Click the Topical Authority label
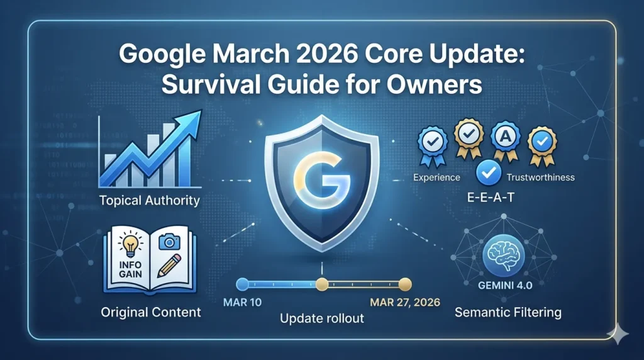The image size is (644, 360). click(x=150, y=201)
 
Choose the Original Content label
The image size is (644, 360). click(x=150, y=312)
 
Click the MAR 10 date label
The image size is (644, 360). click(x=243, y=301)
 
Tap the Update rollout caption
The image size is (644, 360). click(x=321, y=318)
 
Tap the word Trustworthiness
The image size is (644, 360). click(x=540, y=177)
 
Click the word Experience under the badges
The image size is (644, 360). click(x=436, y=177)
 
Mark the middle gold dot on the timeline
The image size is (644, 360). click(x=322, y=283)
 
